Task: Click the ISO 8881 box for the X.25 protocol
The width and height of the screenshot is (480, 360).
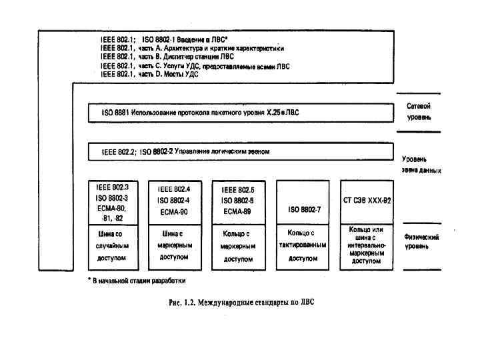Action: coord(240,113)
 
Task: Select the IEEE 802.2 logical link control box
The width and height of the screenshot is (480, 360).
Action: coord(240,151)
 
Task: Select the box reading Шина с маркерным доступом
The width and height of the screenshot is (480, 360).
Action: coord(174,246)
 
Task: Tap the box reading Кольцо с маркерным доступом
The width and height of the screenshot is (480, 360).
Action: coord(238,246)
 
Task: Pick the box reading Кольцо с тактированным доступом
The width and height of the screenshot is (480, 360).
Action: coord(304,246)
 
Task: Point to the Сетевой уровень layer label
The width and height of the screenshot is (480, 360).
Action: coord(419,111)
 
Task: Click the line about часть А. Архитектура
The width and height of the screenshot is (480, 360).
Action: coord(192,49)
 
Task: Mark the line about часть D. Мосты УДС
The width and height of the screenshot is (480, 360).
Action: coord(149,75)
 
